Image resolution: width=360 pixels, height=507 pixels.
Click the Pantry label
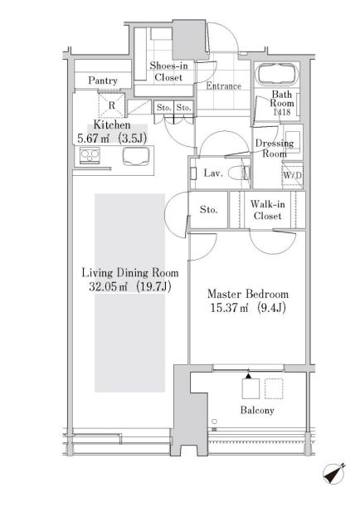(103, 80)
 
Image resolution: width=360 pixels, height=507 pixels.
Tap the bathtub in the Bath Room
(277, 74)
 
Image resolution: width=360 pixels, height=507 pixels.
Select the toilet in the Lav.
(240, 173)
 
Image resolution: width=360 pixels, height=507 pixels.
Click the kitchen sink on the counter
(136, 156)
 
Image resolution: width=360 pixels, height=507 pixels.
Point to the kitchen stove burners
(90, 155)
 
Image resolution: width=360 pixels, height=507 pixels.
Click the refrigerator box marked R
(111, 105)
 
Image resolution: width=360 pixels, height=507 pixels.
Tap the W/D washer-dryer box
(293, 175)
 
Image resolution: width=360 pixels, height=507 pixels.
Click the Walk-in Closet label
(268, 210)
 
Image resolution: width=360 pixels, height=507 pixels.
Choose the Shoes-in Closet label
(168, 71)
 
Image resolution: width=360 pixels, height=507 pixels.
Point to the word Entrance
(224, 86)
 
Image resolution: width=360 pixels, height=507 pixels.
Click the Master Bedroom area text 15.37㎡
(229, 308)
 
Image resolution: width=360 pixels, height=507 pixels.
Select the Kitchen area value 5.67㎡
(93, 139)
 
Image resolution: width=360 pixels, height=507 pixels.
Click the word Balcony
(257, 410)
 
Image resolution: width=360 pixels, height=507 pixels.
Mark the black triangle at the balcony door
(248, 376)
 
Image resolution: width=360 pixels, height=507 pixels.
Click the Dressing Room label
(275, 148)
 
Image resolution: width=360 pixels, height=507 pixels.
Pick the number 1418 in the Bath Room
(282, 112)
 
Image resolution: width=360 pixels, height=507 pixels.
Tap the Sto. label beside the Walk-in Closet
(209, 210)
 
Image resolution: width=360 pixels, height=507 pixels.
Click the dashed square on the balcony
(274, 388)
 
